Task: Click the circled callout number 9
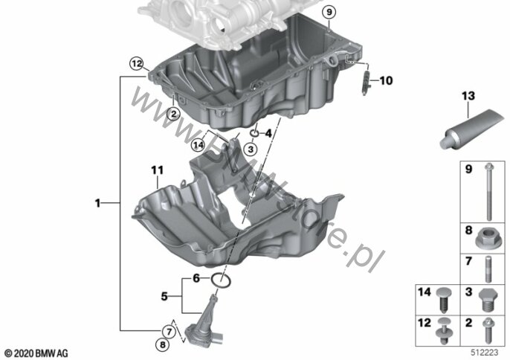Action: click(329, 13)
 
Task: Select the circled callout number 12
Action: click(137, 63)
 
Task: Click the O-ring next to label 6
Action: click(222, 280)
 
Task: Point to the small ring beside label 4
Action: click(254, 133)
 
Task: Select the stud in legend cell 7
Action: click(489, 269)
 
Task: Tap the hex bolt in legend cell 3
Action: click(488, 300)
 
